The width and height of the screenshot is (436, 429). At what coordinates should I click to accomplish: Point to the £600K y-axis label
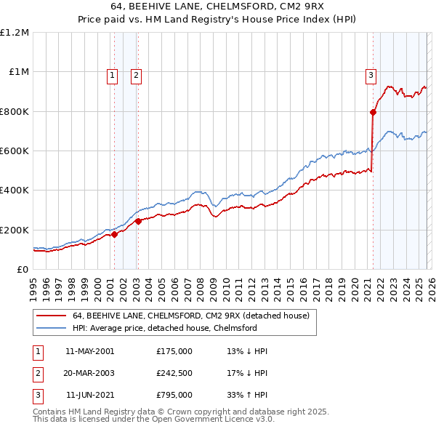(15, 151)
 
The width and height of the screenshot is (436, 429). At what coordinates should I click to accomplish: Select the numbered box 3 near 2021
(371, 73)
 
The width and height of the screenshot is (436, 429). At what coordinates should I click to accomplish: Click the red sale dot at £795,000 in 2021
(373, 112)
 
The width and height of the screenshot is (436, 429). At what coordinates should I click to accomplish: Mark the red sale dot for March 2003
(138, 221)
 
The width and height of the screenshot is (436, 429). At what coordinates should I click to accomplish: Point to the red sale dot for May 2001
(114, 235)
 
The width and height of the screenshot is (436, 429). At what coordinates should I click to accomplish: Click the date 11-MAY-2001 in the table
(89, 351)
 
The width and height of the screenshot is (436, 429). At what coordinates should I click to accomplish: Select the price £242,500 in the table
(174, 373)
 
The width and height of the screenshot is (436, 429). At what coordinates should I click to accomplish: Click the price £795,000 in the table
(174, 395)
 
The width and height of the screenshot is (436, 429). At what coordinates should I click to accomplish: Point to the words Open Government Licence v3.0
(211, 420)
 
